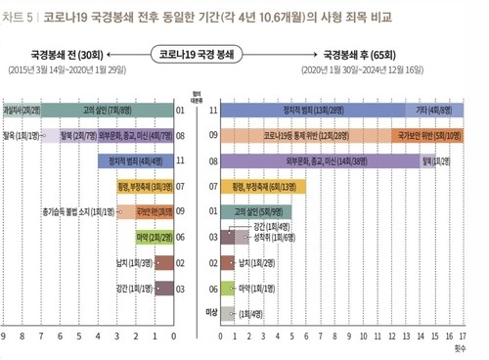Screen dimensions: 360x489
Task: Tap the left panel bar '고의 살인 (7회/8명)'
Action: tap(99, 111)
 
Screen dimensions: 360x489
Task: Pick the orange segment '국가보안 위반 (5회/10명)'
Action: tap(430, 136)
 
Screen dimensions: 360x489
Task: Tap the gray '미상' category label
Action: tap(208, 311)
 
